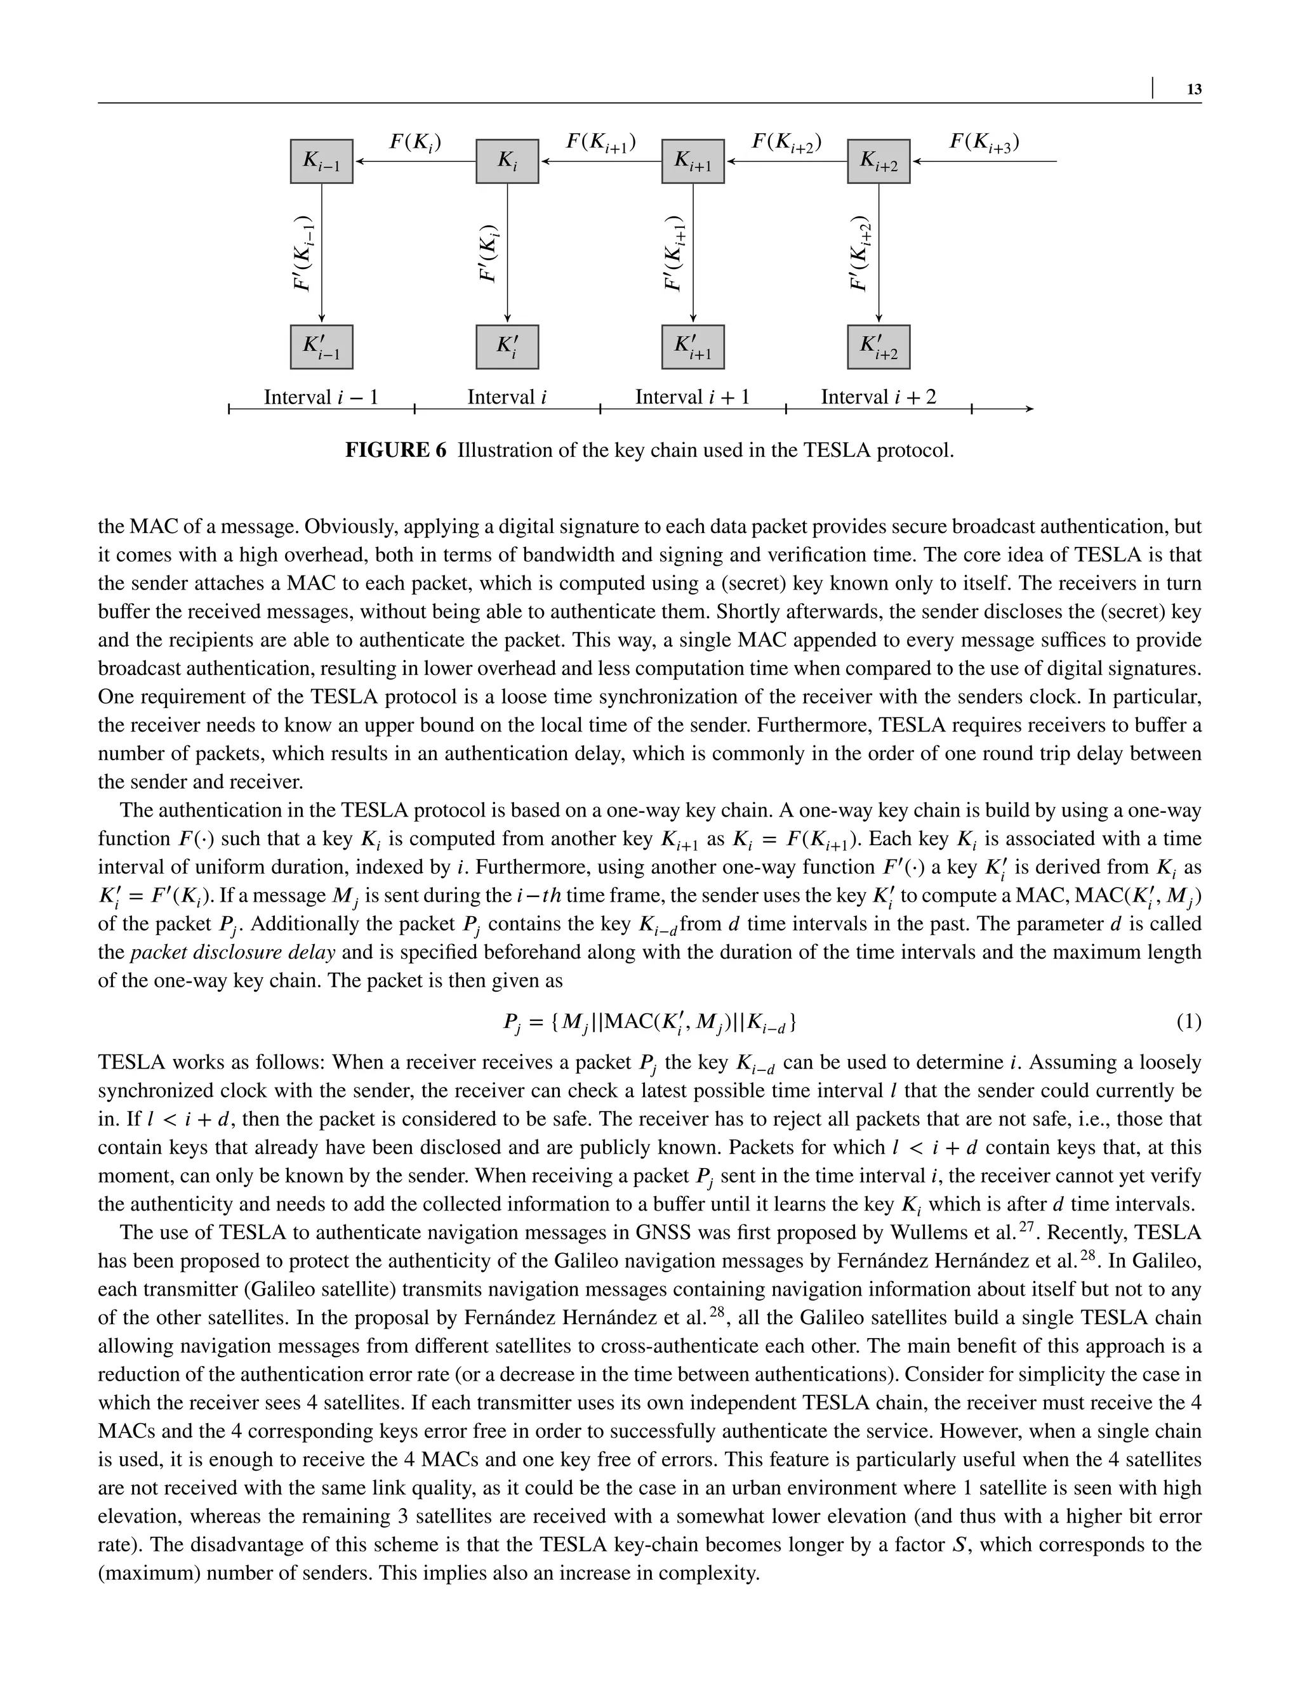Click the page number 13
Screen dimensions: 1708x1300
[1194, 89]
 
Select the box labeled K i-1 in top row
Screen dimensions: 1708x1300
[321, 161]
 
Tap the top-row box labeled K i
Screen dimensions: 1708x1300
[507, 161]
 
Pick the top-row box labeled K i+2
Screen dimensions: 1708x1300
[879, 161]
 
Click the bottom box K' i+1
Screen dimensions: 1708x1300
[693, 346]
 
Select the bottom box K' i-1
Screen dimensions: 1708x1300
[321, 346]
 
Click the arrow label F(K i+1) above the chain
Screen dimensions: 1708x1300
[600, 142]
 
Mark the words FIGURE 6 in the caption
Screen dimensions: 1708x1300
[395, 450]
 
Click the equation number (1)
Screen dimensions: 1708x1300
[1188, 1022]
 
